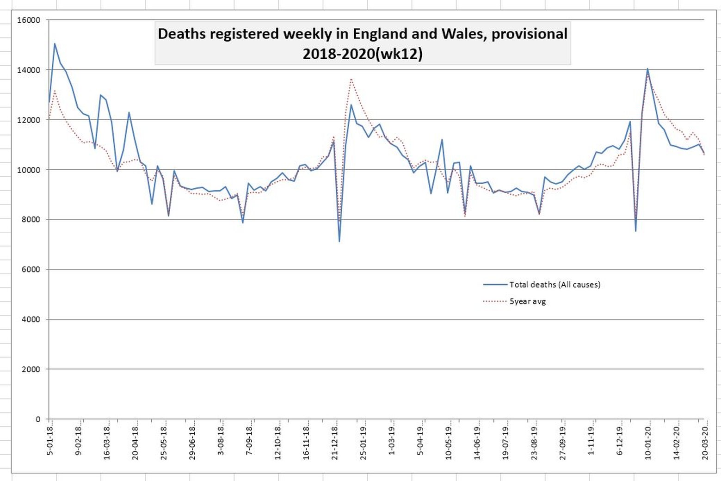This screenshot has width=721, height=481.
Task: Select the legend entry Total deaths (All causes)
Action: [x=555, y=284]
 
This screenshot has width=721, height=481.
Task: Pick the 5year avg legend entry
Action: [x=527, y=302]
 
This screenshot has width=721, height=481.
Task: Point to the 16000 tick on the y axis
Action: [x=28, y=20]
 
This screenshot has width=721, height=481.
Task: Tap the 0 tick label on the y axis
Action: [x=38, y=419]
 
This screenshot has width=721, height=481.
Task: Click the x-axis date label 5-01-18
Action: [x=50, y=438]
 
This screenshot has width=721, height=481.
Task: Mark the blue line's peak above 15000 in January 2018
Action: [x=55, y=43]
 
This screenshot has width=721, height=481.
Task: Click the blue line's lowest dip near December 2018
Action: [x=339, y=241]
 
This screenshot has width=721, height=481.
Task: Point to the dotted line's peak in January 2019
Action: [x=351, y=79]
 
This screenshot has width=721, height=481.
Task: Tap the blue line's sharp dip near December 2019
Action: [x=636, y=231]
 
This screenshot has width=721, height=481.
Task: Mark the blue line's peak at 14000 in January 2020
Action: [x=647, y=69]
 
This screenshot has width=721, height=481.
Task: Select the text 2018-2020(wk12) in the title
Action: [x=363, y=54]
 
